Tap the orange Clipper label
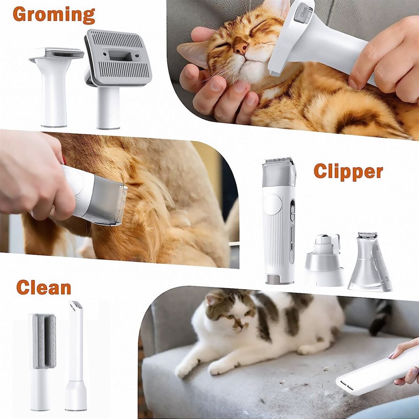pos(348,171)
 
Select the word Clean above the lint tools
pos(44,287)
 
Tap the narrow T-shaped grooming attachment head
pos(56,53)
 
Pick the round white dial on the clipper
pos(273,205)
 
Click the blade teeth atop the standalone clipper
pos(279,160)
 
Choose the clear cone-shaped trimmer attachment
pos(370,262)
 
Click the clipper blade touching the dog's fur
pos(122,205)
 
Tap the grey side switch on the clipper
pos(292,210)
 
